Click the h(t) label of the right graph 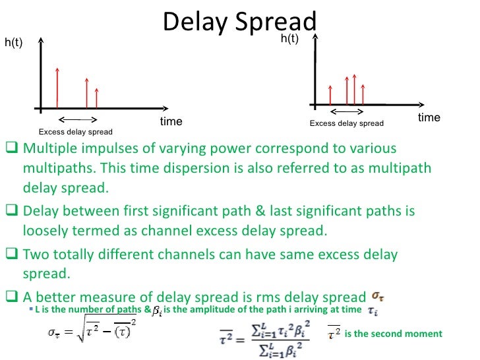pos(289,39)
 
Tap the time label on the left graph pos(171,122)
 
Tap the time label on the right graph pos(429,117)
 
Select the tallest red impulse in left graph pos(58,87)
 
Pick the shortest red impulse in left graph pos(97,98)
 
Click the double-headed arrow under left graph pos(78,119)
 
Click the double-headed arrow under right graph pos(347,112)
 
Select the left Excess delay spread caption pos(76,132)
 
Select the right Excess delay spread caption pos(346,123)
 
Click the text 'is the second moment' pos(393,334)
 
